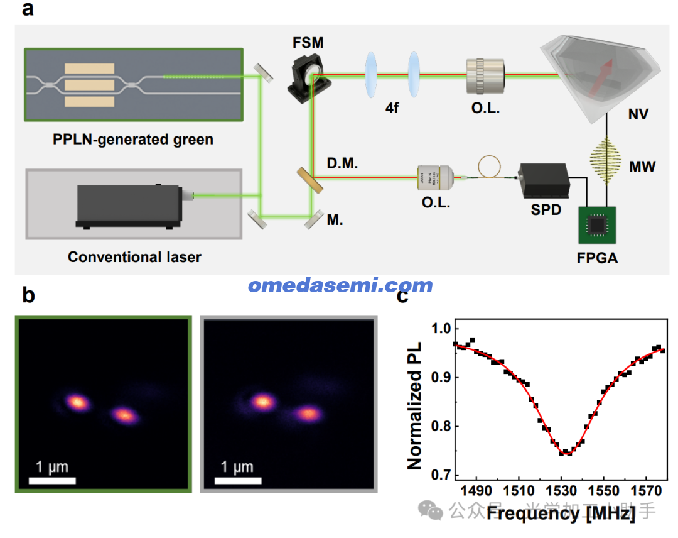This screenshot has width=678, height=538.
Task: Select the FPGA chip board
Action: (x=598, y=224)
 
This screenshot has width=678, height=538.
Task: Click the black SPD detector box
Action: (x=543, y=181)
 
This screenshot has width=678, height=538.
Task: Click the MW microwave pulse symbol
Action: (x=607, y=162)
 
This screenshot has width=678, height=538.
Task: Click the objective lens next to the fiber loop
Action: (x=435, y=179)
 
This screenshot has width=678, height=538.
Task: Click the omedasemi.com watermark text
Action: (x=340, y=285)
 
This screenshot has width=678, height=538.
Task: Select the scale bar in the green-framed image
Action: (x=53, y=481)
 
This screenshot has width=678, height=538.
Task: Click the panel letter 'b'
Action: (x=28, y=295)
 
